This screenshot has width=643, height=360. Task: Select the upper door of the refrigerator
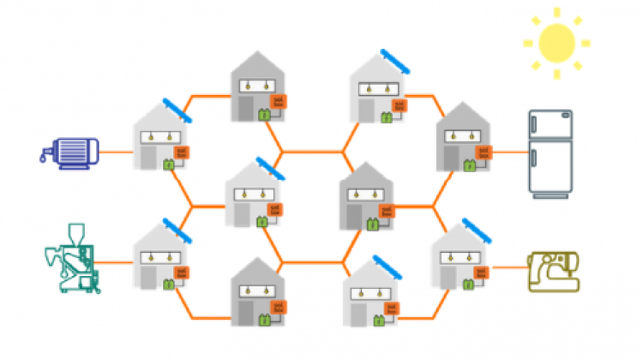pos(550,128)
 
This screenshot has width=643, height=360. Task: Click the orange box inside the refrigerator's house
pos(483,153)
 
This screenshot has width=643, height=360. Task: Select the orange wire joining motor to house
pos(116,152)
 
